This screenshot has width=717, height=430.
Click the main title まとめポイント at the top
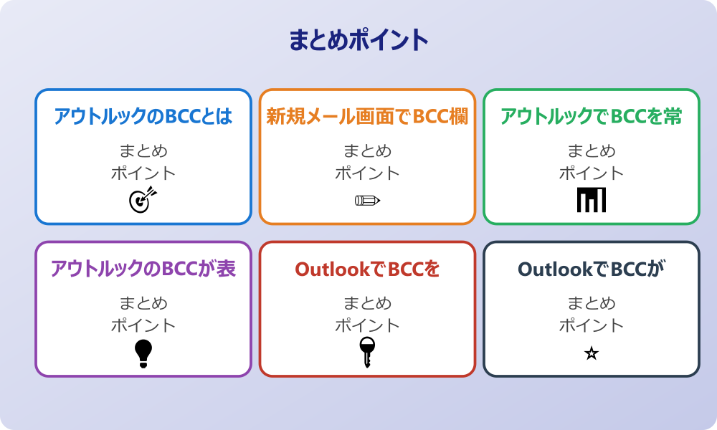(x=358, y=40)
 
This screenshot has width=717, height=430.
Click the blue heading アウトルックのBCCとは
(x=143, y=117)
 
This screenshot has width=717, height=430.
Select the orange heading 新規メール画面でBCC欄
(x=367, y=117)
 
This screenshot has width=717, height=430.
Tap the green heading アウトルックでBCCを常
(x=591, y=117)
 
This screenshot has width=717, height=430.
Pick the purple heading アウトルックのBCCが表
(x=143, y=269)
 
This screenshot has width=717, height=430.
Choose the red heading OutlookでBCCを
(x=367, y=269)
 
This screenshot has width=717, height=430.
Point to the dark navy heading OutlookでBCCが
(x=591, y=269)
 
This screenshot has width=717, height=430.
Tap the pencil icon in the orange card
(x=367, y=200)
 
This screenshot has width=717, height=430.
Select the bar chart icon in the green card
(x=591, y=200)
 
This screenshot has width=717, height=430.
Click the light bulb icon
(x=143, y=353)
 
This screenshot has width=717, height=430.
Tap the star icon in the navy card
(x=591, y=353)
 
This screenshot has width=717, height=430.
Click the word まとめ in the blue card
(x=143, y=151)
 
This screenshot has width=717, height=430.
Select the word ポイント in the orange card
(x=367, y=173)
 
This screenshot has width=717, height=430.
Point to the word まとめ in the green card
(x=591, y=151)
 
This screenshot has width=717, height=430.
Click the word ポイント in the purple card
(x=143, y=325)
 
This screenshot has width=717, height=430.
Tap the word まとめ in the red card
(x=367, y=304)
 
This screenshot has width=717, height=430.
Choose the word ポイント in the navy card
(x=591, y=325)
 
